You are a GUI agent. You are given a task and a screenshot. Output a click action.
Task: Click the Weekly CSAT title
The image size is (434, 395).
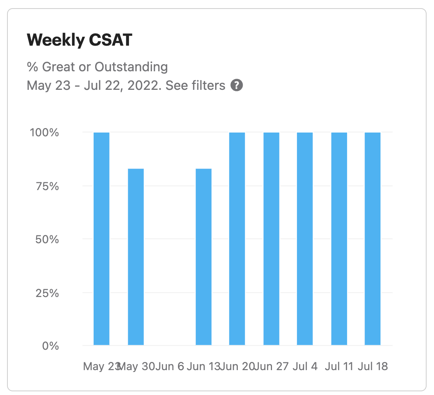pos(80,40)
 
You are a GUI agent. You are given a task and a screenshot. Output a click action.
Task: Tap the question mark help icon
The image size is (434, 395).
pos(237,85)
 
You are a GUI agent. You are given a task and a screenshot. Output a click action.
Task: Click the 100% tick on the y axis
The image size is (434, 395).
pos(44,133)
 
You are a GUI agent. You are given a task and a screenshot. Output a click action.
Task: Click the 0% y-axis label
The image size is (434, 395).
pos(51,346)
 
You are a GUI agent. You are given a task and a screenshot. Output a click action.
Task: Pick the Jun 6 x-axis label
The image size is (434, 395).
pos(170,366)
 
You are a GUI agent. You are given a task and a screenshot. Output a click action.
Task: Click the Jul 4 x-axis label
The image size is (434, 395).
pos(305,366)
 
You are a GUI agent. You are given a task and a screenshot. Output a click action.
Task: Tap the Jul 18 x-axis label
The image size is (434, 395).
pos(373,366)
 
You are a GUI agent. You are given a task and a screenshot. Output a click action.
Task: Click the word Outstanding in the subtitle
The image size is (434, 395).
pos(131,67)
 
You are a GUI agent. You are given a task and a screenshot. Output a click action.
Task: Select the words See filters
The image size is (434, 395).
pos(195,85)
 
